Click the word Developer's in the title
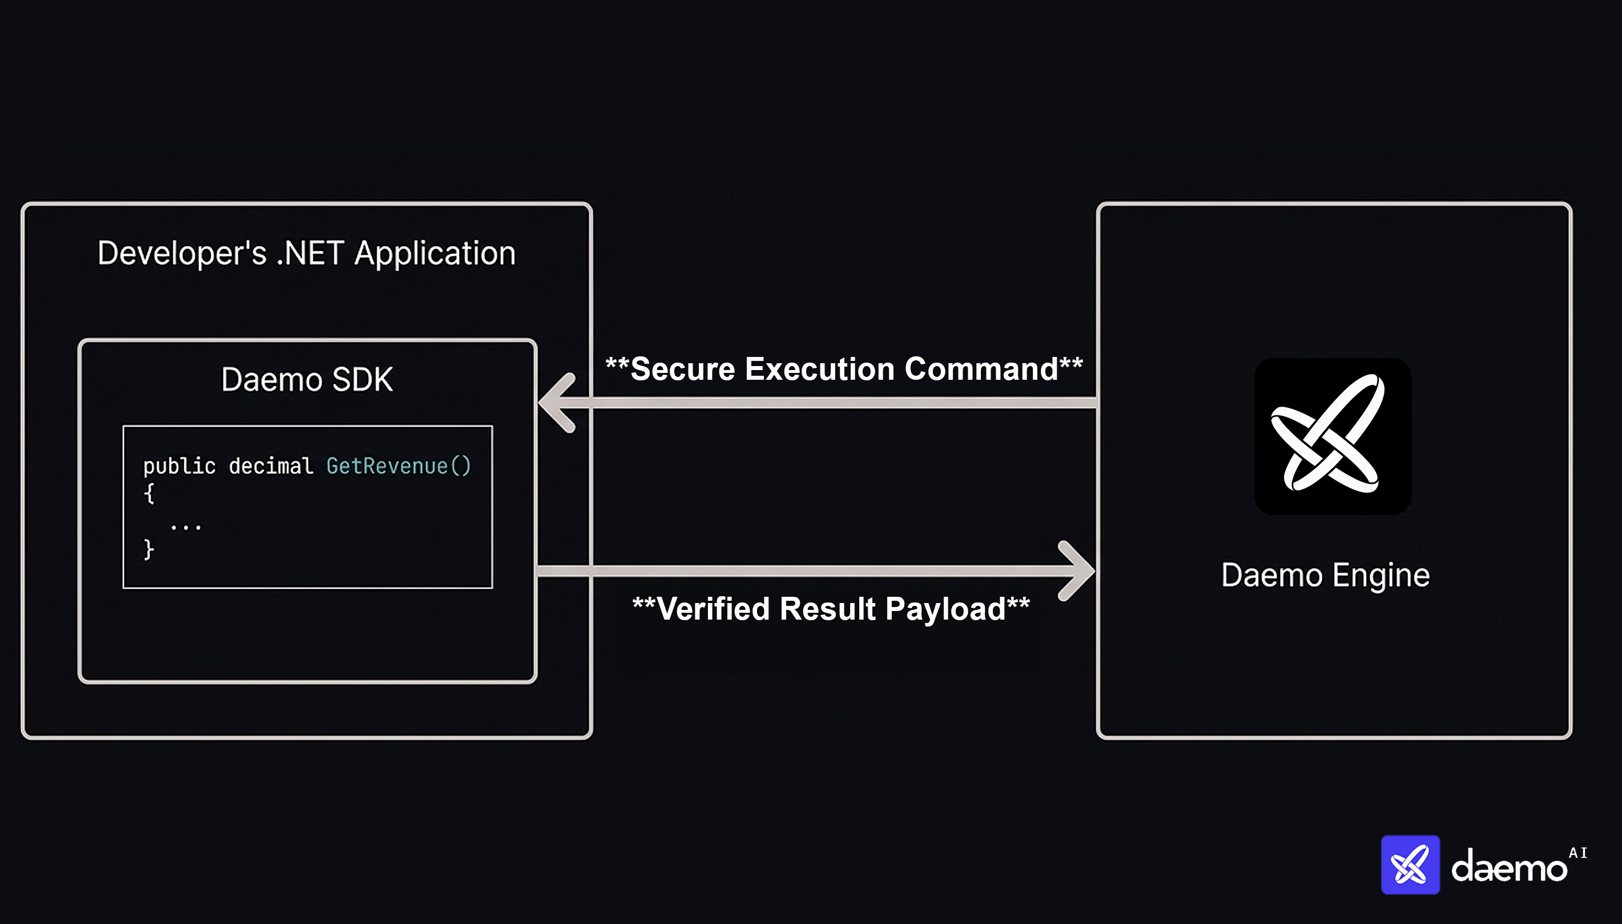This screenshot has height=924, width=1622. (x=182, y=253)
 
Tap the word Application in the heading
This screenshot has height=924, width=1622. (x=434, y=253)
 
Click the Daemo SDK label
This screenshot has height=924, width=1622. (x=307, y=380)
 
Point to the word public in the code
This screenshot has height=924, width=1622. (x=179, y=467)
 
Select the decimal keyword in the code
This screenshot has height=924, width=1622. (x=271, y=467)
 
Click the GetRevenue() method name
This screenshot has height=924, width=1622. (x=399, y=467)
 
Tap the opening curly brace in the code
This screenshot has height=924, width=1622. (x=149, y=493)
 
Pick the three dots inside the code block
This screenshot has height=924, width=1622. (x=186, y=526)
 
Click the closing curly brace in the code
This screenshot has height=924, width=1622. (x=149, y=549)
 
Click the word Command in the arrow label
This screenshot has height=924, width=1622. (x=981, y=369)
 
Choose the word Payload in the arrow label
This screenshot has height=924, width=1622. (x=945, y=609)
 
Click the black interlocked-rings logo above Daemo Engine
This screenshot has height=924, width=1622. (x=1333, y=436)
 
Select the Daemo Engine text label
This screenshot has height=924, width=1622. (x=1325, y=575)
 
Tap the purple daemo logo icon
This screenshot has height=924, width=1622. (x=1410, y=865)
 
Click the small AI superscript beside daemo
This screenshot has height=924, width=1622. (x=1577, y=853)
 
